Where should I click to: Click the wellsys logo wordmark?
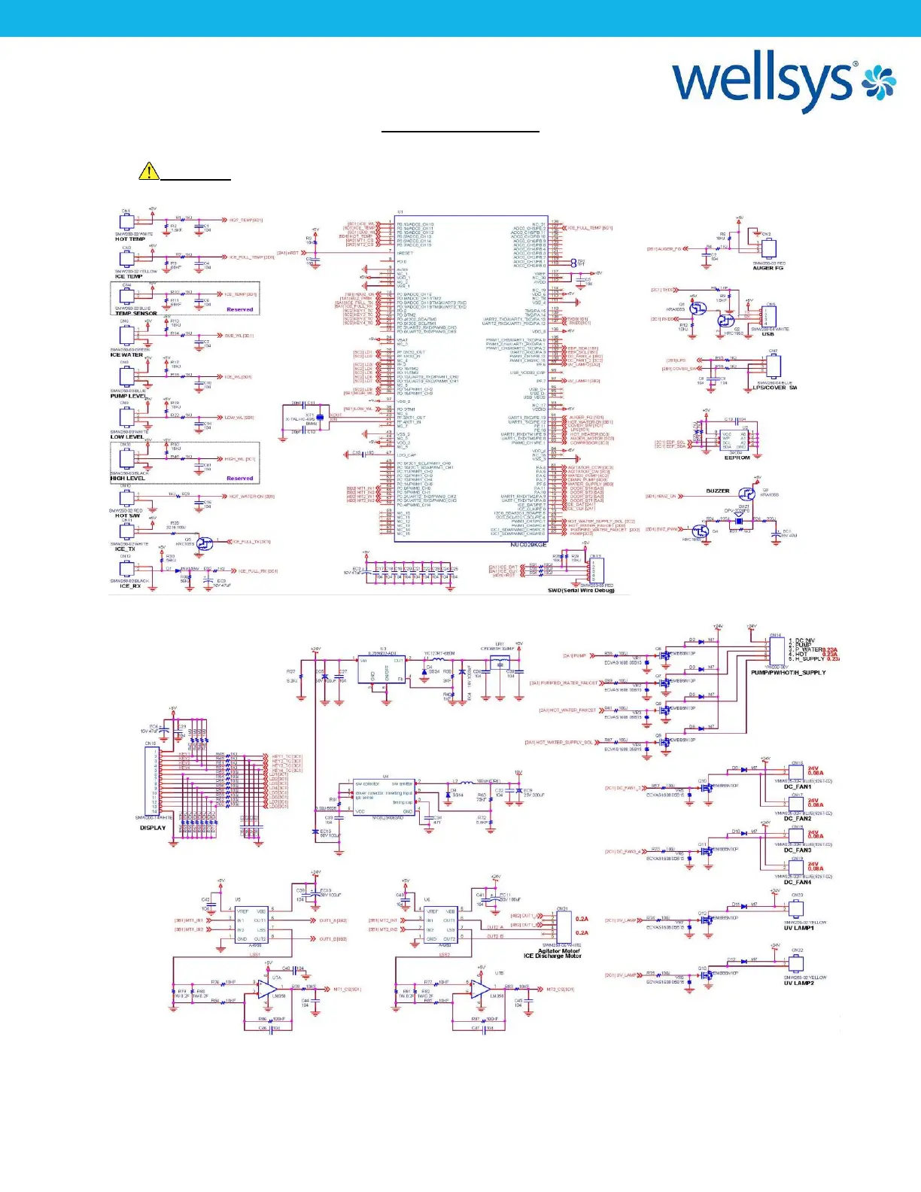(x=764, y=82)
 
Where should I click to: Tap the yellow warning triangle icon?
(x=149, y=172)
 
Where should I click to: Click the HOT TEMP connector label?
(x=130, y=239)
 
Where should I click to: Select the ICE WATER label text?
(x=126, y=355)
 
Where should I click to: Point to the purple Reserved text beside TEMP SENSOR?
(x=239, y=309)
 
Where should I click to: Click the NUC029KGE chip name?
(x=528, y=545)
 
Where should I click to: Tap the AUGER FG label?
(x=769, y=269)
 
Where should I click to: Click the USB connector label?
(x=767, y=334)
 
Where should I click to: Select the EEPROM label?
(x=737, y=458)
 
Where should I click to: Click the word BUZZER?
(x=717, y=491)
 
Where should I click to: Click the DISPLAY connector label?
(x=153, y=828)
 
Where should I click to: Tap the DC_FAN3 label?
(x=798, y=850)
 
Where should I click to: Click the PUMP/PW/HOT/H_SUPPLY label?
(x=788, y=673)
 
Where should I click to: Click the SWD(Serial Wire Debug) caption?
(x=581, y=591)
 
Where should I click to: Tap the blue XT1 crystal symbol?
(x=320, y=416)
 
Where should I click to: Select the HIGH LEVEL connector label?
(x=127, y=479)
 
